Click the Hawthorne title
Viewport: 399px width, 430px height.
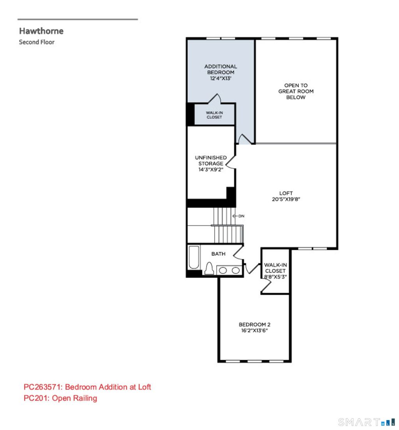point(41,31)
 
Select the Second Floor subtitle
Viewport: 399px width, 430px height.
point(37,42)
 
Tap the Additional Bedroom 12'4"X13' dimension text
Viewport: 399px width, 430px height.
point(221,78)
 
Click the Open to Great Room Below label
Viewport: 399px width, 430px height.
point(296,91)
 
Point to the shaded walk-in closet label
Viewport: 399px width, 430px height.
point(214,115)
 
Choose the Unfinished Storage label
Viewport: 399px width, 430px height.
point(211,160)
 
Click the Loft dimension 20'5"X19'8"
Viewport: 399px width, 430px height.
point(286,199)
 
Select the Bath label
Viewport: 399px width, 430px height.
point(219,254)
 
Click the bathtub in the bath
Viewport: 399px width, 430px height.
point(194,257)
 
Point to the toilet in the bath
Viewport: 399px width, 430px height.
point(209,268)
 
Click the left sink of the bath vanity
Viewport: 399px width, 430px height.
point(223,271)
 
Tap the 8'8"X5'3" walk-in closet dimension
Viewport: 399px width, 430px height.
point(275,277)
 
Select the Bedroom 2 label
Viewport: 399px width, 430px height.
point(254,325)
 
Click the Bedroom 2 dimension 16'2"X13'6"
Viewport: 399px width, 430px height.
point(254,331)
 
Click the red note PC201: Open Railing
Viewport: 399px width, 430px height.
point(60,398)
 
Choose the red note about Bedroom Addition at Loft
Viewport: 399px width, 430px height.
point(87,387)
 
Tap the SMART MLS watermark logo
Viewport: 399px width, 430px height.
point(366,422)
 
